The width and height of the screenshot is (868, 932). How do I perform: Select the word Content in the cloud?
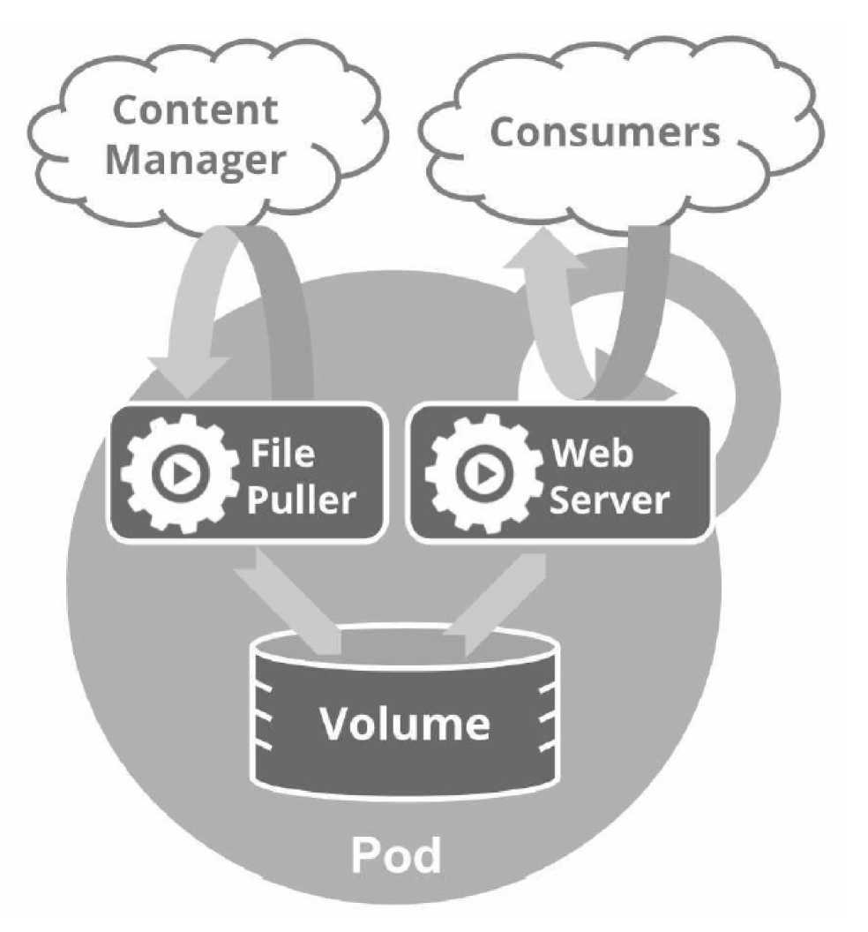point(196,110)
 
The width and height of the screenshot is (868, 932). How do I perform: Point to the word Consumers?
point(605,132)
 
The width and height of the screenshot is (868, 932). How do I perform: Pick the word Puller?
point(300,500)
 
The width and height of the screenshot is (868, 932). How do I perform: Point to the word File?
point(281,454)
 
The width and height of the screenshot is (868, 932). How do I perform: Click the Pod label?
point(396,854)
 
